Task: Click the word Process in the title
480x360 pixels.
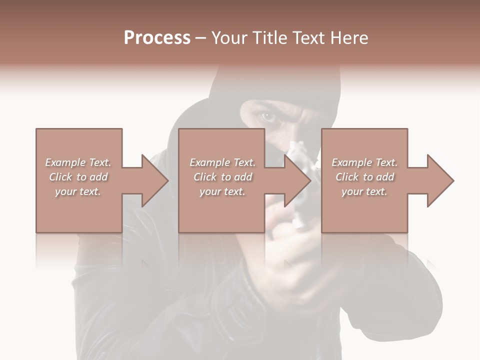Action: click(x=157, y=38)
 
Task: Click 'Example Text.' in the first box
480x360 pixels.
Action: click(x=78, y=162)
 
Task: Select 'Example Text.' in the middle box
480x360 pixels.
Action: click(x=222, y=162)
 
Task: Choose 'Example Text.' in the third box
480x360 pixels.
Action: click(x=364, y=162)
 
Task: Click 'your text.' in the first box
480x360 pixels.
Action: click(x=78, y=191)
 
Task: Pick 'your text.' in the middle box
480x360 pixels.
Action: click(x=222, y=191)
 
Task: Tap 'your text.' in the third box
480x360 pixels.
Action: click(x=364, y=191)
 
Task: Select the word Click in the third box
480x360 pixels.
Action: click(x=347, y=177)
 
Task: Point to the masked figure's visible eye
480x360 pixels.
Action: click(x=268, y=117)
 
